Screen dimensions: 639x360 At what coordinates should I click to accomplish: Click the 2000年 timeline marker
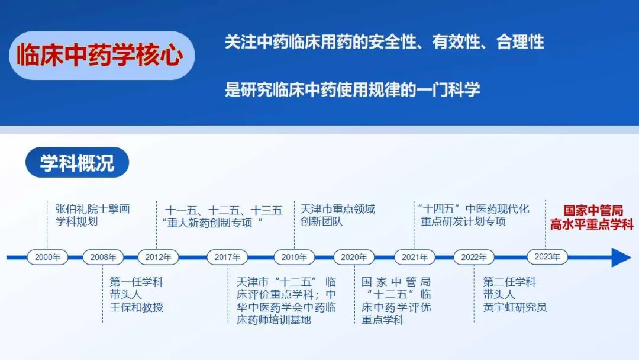pyautogui.click(x=47, y=257)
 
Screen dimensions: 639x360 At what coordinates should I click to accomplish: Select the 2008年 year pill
pyautogui.click(x=103, y=257)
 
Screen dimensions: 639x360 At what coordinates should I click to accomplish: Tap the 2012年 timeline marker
pyautogui.click(x=158, y=257)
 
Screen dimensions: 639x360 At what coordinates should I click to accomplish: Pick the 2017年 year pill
pyautogui.click(x=227, y=257)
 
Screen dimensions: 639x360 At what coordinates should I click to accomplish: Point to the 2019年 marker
pyautogui.click(x=294, y=257)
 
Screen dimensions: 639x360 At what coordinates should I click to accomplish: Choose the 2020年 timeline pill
pyautogui.click(x=354, y=257)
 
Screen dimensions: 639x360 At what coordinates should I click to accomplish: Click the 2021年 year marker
pyautogui.click(x=414, y=257)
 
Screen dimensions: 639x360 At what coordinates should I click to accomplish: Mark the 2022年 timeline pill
pyautogui.click(x=474, y=257)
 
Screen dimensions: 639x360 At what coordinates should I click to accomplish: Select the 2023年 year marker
pyautogui.click(x=547, y=257)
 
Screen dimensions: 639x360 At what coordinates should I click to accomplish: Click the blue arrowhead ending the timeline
pyautogui.click(x=621, y=257)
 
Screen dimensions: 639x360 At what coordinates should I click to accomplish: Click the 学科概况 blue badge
pyautogui.click(x=77, y=162)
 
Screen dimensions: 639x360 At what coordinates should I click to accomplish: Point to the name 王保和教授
pyautogui.click(x=137, y=307)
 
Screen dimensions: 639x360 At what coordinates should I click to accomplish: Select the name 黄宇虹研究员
pyautogui.click(x=515, y=307)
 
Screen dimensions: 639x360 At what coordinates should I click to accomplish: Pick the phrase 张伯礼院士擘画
pyautogui.click(x=92, y=209)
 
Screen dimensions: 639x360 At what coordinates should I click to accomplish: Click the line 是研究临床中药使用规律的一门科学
pyautogui.click(x=352, y=89)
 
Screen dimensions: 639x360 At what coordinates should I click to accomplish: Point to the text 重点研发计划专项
pyautogui.click(x=463, y=221)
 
